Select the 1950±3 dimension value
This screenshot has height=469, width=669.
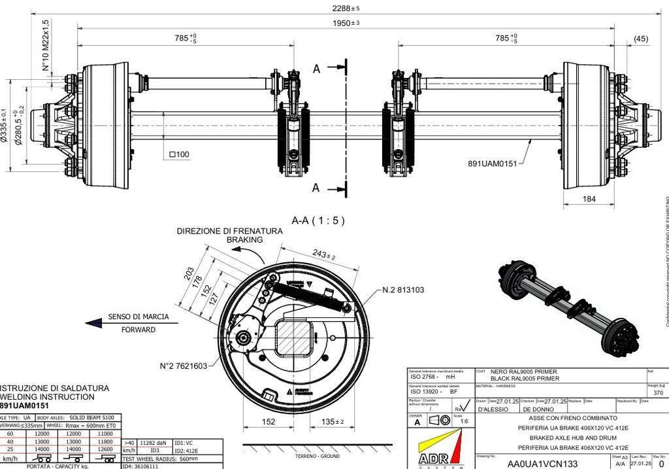[x=346, y=23]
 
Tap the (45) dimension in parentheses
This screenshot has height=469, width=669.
[x=641, y=39]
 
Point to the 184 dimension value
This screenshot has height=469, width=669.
[x=589, y=198]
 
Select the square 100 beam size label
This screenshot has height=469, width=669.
[x=178, y=155]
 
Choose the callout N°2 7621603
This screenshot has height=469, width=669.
[x=184, y=366]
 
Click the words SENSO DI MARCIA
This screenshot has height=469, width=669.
[x=139, y=317]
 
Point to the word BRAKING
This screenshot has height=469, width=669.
[x=244, y=240]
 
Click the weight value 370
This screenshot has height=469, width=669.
[x=657, y=393]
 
